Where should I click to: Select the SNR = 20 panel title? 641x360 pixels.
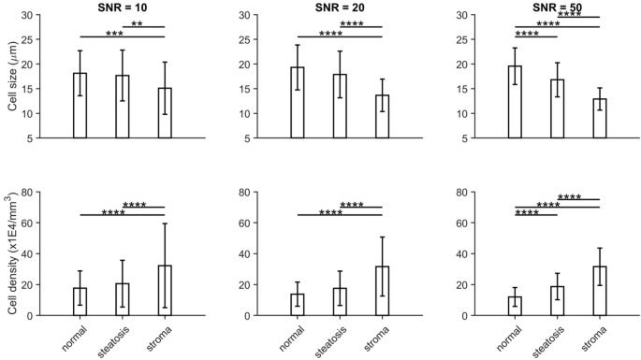tap(340, 7)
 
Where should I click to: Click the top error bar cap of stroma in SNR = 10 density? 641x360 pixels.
tap(164, 223)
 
